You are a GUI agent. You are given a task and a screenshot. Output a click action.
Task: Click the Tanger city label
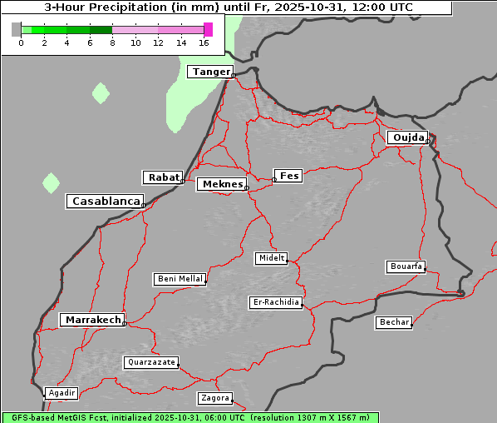[210, 72]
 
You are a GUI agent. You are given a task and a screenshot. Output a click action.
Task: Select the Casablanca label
[106, 202]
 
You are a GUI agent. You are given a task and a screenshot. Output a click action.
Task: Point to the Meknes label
[222, 184]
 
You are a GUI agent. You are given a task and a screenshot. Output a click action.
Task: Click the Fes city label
[289, 176]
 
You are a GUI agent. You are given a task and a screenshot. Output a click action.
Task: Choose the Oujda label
[407, 137]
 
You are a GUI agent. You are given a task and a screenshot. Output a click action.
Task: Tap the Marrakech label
[92, 320]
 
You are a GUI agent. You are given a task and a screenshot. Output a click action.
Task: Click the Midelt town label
[271, 259]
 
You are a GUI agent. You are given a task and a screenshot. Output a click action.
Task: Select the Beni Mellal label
[180, 279]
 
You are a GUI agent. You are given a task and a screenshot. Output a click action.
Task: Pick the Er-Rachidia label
[276, 302]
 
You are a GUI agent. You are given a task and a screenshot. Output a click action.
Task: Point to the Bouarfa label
[406, 266]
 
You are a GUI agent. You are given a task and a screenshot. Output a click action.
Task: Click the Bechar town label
[393, 322]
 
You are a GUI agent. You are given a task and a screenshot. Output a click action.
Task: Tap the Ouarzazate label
[150, 362]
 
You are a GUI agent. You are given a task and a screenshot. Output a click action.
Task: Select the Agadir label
[62, 393]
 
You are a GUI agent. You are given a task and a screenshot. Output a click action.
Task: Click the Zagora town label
[214, 398]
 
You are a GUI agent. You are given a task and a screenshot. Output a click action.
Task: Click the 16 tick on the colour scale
[204, 42]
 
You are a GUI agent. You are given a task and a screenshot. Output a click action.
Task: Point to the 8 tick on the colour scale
[112, 42]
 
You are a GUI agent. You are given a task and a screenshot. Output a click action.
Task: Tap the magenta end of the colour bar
[208, 29]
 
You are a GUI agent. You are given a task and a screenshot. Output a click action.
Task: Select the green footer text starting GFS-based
[189, 417]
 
